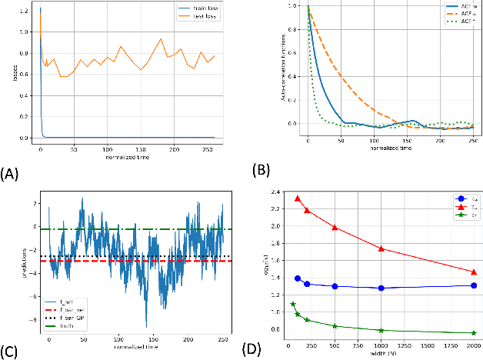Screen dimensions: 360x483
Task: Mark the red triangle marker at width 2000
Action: pyautogui.click(x=473, y=272)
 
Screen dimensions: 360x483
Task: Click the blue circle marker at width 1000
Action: pyautogui.click(x=381, y=288)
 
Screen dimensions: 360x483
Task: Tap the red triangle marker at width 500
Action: pyautogui.click(x=335, y=227)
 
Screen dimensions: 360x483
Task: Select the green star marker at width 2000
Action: pyautogui.click(x=473, y=333)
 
